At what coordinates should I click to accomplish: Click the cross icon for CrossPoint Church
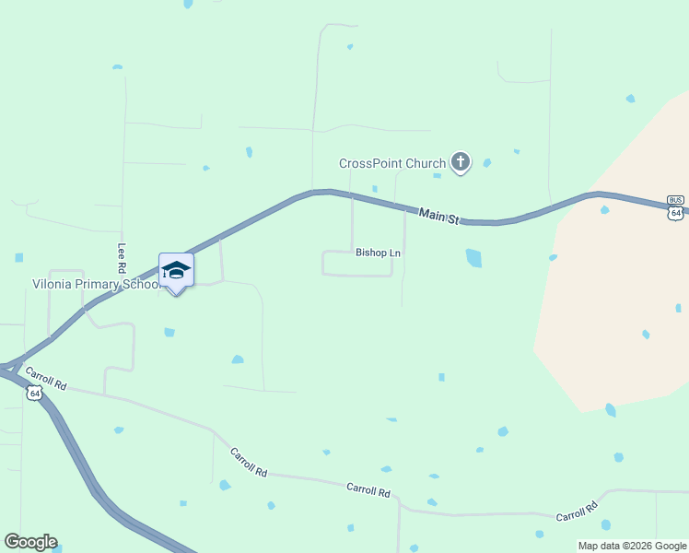(x=460, y=163)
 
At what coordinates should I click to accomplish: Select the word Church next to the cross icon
(x=426, y=164)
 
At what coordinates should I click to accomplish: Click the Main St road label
(x=438, y=217)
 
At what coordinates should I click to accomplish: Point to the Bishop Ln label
(x=378, y=252)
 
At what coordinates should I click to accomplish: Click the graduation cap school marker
(x=176, y=271)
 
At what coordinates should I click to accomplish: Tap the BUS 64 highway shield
(x=676, y=207)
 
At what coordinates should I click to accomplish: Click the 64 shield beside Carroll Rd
(x=34, y=394)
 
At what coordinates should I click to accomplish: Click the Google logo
(x=30, y=542)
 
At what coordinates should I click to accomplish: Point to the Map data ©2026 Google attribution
(x=632, y=546)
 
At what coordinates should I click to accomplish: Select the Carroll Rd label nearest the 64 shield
(x=46, y=378)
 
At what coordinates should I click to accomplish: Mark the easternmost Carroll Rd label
(x=578, y=512)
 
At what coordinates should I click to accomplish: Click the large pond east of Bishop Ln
(x=473, y=258)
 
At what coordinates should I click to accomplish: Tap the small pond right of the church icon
(x=486, y=163)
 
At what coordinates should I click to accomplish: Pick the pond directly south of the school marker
(x=169, y=332)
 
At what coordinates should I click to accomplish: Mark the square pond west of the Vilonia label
(x=19, y=258)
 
